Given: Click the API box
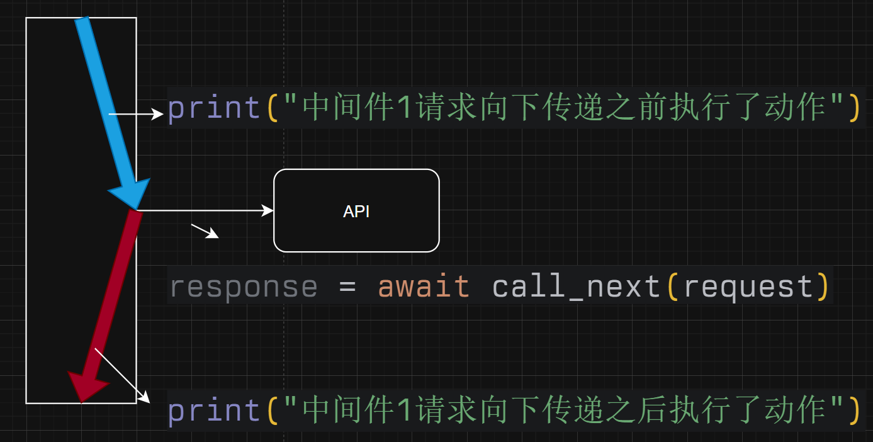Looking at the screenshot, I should click(x=356, y=211).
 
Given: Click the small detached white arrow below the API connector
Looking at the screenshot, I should click(x=205, y=231).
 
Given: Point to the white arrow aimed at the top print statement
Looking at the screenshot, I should click(x=136, y=114).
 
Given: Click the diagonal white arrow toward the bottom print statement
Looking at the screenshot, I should click(x=122, y=375).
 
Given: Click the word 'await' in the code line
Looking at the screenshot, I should click(x=424, y=286).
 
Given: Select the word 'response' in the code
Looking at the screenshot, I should click(x=244, y=286).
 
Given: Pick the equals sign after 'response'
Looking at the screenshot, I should click(x=347, y=286).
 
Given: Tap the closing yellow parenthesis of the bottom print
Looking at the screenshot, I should click(x=853, y=411).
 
